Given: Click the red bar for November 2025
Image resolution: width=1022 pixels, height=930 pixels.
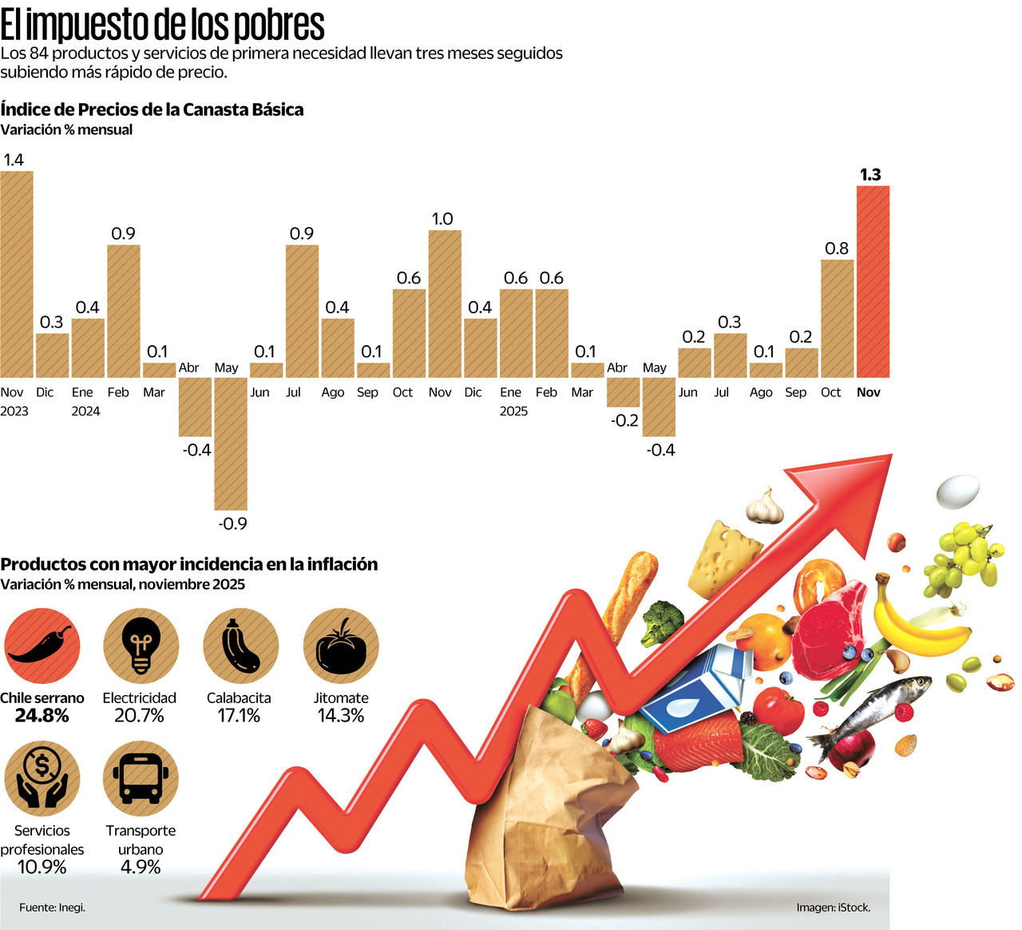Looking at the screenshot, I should [x=873, y=281].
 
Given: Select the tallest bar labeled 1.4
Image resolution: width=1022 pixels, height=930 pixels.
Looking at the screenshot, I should [x=17, y=274].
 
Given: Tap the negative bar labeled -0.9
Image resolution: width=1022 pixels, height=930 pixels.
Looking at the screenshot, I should [x=231, y=443].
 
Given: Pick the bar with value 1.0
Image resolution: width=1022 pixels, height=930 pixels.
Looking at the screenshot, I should [x=445, y=304].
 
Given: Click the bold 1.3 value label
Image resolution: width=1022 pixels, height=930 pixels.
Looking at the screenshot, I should [x=870, y=174].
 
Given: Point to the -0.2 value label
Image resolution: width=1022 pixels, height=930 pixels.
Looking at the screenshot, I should [x=624, y=420].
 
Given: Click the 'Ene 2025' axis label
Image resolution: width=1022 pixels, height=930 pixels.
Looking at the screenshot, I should [x=513, y=401].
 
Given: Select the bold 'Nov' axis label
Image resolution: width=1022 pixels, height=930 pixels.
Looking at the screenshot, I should [x=868, y=392].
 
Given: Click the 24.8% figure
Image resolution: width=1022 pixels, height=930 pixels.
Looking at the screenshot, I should [x=42, y=716].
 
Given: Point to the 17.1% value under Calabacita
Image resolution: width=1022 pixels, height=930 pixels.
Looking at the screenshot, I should [x=239, y=716].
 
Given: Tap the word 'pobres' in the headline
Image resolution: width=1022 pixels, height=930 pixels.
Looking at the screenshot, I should [x=279, y=26].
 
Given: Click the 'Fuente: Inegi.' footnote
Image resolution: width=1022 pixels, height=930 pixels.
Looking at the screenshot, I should [x=53, y=908].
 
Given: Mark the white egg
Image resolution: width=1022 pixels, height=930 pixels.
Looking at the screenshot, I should [x=957, y=491].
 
